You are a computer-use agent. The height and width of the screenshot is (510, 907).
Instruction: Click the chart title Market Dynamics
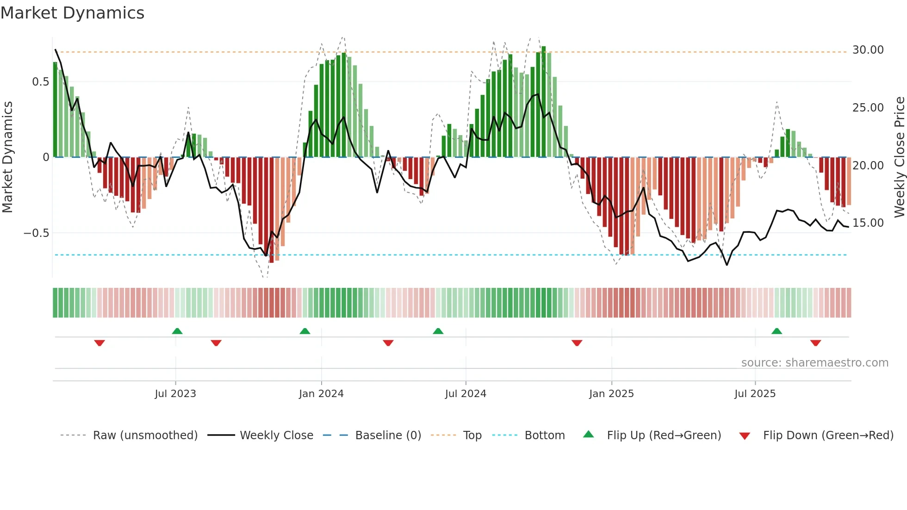click(x=72, y=13)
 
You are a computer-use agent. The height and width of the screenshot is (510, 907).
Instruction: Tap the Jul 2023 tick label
click(x=175, y=393)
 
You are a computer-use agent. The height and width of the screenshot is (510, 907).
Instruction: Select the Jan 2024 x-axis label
click(x=321, y=393)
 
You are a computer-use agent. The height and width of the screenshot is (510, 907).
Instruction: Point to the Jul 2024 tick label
click(x=466, y=393)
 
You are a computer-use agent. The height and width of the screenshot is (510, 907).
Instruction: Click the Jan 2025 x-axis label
click(x=611, y=393)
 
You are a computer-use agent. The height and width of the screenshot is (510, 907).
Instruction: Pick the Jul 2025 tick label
click(x=755, y=393)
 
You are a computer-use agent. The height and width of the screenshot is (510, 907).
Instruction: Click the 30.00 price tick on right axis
click(x=868, y=50)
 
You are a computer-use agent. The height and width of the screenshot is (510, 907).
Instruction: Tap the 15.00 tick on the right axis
click(x=868, y=223)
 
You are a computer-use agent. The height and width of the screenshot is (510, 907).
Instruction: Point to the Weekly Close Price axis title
click(x=899, y=157)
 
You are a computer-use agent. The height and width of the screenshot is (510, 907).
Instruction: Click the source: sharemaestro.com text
click(x=814, y=362)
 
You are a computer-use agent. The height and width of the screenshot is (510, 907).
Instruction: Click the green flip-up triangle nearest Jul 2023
click(x=177, y=331)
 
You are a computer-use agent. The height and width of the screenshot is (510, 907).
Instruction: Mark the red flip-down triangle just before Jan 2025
click(x=577, y=343)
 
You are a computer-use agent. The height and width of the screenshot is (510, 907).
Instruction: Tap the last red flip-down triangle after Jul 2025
click(x=815, y=343)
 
